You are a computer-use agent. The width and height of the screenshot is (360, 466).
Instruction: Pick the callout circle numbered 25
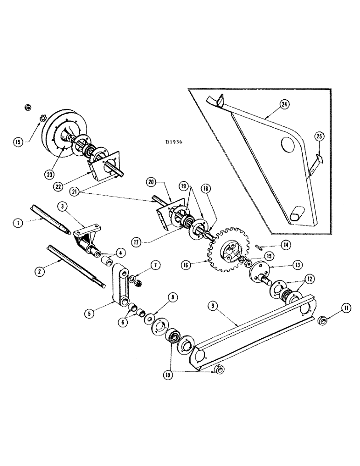pos(318,137)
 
